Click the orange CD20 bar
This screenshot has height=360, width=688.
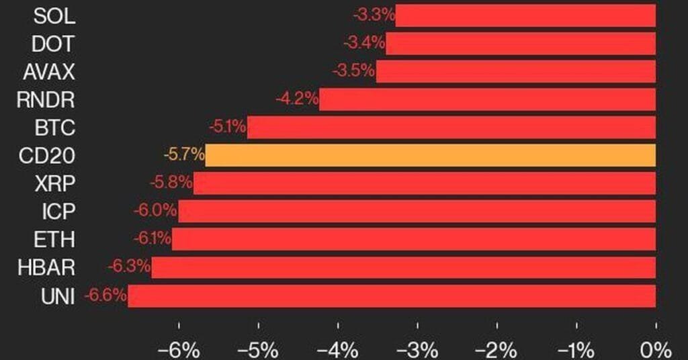(430, 155)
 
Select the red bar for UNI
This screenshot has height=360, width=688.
(392, 296)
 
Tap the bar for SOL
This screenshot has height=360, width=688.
(525, 15)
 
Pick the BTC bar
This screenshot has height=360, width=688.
(451, 127)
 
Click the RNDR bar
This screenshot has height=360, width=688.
(487, 99)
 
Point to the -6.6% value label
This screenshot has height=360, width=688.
(105, 296)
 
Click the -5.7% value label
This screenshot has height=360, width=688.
(183, 155)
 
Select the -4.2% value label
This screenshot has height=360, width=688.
(296, 99)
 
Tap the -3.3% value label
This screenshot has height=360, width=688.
(373, 15)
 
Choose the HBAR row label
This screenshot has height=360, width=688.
(47, 268)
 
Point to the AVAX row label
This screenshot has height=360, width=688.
(48, 71)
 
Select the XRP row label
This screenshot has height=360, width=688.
(56, 183)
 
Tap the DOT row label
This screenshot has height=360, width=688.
(53, 43)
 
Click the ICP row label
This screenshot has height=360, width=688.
(58, 212)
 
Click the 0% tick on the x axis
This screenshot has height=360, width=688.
(656, 349)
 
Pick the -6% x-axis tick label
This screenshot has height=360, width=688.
(178, 349)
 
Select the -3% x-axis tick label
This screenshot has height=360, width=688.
(417, 349)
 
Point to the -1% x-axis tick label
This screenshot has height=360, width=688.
(576, 349)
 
